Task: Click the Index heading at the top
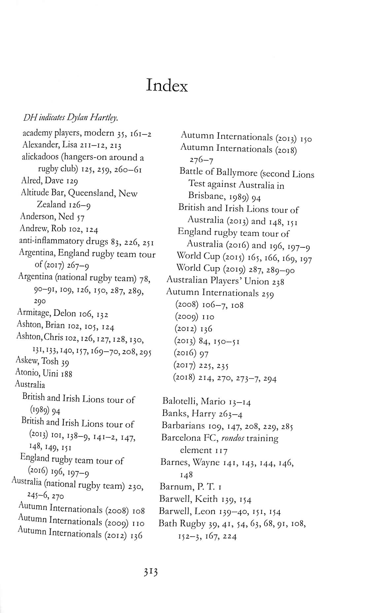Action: coord(167,86)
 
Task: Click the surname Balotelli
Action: coord(180,401)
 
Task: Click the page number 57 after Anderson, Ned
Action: coord(81,218)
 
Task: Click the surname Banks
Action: coord(175,414)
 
